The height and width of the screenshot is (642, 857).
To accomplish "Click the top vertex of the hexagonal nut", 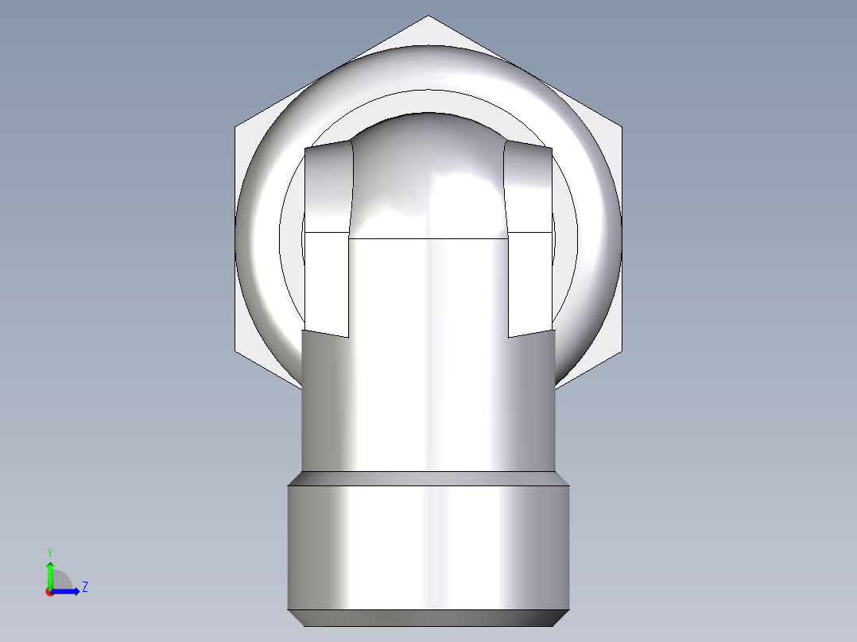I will (x=428, y=17).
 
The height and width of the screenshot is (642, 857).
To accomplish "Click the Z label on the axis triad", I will (x=84, y=587).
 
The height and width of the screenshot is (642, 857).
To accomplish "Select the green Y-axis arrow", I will (x=49, y=574).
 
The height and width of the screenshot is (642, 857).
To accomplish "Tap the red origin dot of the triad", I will (x=49, y=592).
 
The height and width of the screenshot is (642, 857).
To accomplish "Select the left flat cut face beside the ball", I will (x=327, y=238).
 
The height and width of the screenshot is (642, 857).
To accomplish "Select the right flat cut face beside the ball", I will (x=529, y=238).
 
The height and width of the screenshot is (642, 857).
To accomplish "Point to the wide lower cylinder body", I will (x=428, y=548).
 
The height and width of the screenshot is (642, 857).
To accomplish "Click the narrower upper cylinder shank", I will (x=428, y=397).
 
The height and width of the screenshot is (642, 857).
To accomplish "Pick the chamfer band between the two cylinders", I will (x=428, y=478).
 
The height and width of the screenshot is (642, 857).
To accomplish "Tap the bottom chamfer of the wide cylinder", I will (x=428, y=617).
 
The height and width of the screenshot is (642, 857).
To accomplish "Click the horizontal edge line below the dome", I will (x=428, y=238).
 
